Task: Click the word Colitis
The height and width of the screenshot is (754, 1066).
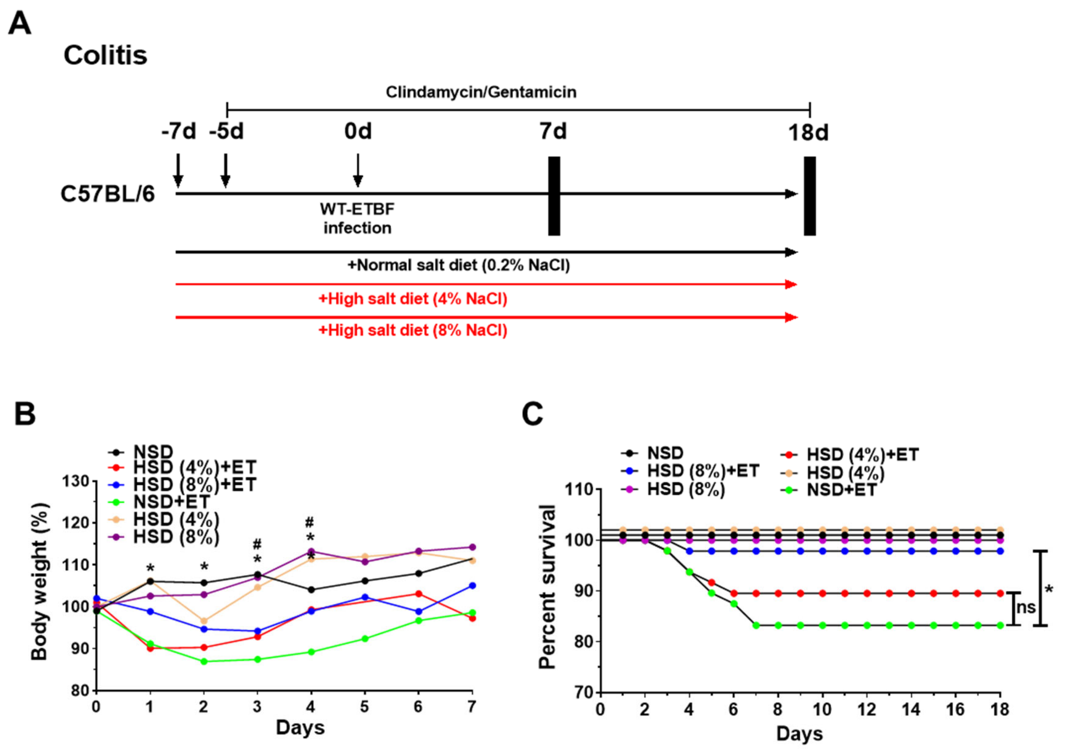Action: pyautogui.click(x=106, y=55)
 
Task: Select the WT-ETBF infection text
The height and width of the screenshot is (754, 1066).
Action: pyautogui.click(x=357, y=218)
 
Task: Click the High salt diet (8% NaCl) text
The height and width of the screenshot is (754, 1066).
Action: pyautogui.click(x=413, y=330)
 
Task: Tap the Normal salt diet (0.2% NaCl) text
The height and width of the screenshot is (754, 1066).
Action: pyautogui.click(x=459, y=265)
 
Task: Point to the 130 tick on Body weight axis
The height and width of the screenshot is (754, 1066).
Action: pyautogui.click(x=75, y=481)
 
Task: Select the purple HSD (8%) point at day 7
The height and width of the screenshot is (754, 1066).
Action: pyautogui.click(x=472, y=547)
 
